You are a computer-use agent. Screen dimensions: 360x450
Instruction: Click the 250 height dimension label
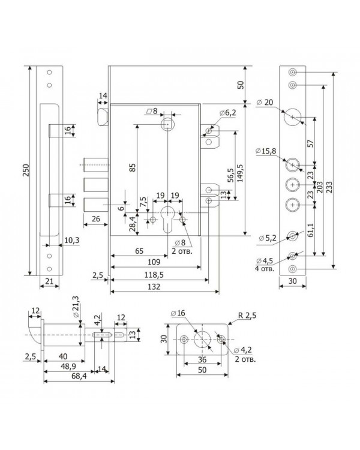[26, 170]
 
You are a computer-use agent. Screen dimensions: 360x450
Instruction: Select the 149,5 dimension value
[240, 173]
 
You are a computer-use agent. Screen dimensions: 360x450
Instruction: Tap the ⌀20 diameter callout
[265, 103]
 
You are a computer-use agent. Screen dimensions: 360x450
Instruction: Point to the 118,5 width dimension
[154, 275]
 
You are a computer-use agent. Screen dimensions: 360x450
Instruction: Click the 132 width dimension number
[154, 287]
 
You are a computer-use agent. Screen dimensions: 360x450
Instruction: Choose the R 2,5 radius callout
[247, 316]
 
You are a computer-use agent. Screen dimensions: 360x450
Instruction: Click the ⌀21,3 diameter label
[76, 306]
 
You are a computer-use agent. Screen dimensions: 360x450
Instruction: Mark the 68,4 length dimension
[79, 376]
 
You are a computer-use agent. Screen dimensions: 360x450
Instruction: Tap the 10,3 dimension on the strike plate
[71, 241]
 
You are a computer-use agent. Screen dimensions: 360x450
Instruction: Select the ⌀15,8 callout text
[266, 151]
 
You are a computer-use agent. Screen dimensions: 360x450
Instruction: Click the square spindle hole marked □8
[167, 125]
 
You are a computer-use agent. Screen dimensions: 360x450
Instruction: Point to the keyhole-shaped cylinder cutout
[167, 219]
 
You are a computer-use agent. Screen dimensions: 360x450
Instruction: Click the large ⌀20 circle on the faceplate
[293, 117]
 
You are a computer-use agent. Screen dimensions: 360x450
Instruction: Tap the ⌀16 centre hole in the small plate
[202, 340]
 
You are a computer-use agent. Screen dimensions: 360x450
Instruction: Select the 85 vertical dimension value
[132, 167]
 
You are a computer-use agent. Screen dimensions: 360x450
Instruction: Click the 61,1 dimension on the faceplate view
[310, 230]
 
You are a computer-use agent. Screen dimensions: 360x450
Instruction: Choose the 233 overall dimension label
[329, 187]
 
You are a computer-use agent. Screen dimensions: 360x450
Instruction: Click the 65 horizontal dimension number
[139, 251]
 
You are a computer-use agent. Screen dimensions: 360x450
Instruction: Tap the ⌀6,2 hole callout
[228, 113]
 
